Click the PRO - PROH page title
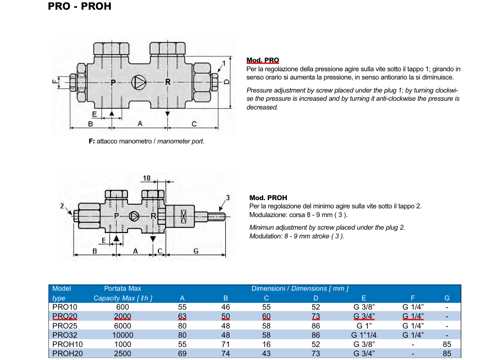pyautogui.click(x=79, y=6)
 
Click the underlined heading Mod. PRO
pyautogui.click(x=263, y=60)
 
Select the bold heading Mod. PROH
pyautogui.click(x=268, y=198)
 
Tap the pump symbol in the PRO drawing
pyautogui.click(x=139, y=82)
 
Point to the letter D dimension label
pyautogui.click(x=227, y=82)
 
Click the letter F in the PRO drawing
pyautogui.click(x=54, y=81)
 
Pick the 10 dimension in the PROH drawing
pyautogui.click(x=146, y=178)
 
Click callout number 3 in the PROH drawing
pyautogui.click(x=228, y=198)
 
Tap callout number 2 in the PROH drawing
pyautogui.click(x=62, y=206)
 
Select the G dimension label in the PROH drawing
pyautogui.click(x=196, y=250)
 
